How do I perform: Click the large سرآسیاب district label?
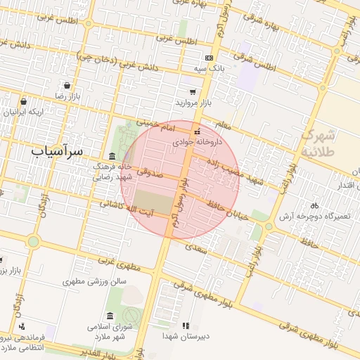pos(58,150)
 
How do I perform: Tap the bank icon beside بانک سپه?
pos(208,58)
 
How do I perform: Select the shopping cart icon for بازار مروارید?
pos(192,91)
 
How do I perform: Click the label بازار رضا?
pos(70,94)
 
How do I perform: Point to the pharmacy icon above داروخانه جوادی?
pos(197,131)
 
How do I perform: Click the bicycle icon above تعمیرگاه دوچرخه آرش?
pos(314,206)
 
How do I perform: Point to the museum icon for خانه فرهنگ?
pos(112,156)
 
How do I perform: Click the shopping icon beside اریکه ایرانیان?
pos(23,101)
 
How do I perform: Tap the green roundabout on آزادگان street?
pos(33,242)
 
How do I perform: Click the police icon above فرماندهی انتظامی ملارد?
pos(22,326)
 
